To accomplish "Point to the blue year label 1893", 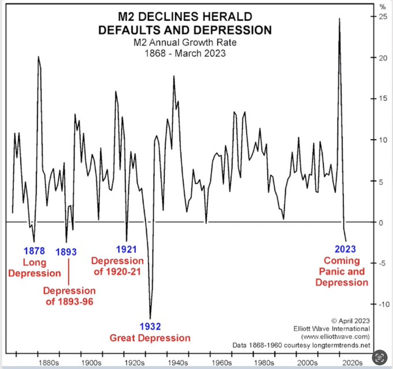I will pos(66,253).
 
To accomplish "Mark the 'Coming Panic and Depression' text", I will pos(341,272).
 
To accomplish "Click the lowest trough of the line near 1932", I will pos(151,317).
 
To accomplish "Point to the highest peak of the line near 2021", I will pos(339,19).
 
